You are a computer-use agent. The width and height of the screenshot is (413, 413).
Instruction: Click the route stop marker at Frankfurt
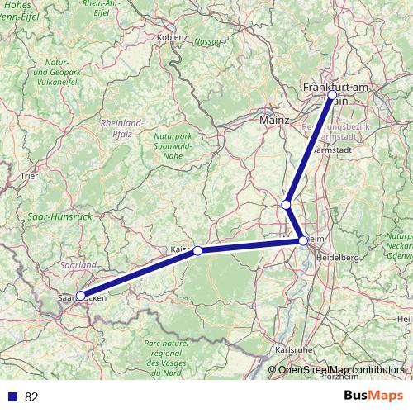(x=332, y=95)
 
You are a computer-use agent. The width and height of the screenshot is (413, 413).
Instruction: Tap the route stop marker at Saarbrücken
(x=80, y=295)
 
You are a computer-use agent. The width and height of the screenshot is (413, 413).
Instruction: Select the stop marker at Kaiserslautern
(x=197, y=250)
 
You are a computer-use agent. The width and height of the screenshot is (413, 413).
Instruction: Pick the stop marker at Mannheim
(x=304, y=240)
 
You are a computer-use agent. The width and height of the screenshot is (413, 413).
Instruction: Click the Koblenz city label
(x=173, y=37)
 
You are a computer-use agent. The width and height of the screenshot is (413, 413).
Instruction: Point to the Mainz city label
(x=274, y=120)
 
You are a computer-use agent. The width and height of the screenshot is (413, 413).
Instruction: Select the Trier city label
(x=30, y=175)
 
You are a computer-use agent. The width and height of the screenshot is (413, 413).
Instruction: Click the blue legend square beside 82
(x=11, y=397)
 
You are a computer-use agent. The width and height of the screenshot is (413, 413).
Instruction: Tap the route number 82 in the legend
(x=32, y=397)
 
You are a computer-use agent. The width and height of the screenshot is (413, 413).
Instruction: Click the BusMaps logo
(x=374, y=396)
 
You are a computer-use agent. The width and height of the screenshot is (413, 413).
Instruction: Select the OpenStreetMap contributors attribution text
(x=341, y=369)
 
